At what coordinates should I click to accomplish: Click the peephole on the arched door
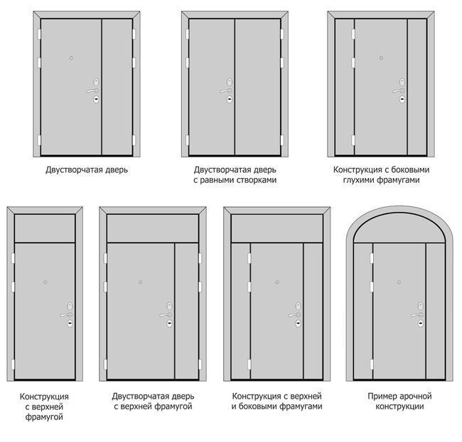coord(399,283)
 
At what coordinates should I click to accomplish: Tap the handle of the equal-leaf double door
coord(225,90)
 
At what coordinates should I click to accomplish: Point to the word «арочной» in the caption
coord(416,396)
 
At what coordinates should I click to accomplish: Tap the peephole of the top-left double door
coord(71,58)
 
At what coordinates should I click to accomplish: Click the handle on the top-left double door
coord(92,90)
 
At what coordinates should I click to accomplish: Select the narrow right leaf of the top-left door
coord(117,87)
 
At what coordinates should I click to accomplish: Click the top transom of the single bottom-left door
coord(45,228)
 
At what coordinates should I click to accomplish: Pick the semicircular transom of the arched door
coord(399,230)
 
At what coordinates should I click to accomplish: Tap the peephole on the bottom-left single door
coord(45,283)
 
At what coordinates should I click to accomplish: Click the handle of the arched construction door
coord(417,315)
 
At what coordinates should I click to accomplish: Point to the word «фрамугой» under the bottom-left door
coord(44,417)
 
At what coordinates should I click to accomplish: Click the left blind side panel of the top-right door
coord(345,87)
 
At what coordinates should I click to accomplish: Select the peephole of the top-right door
coord(381,58)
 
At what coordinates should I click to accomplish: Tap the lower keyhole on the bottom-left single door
coord(70,323)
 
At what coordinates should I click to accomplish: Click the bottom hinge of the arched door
coord(372,364)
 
